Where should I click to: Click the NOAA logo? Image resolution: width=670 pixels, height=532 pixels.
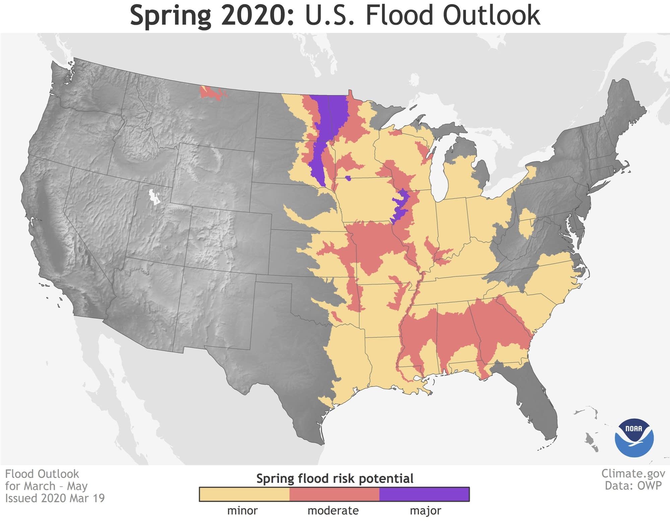(634, 437)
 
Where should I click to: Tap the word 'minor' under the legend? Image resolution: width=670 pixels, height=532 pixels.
(242, 511)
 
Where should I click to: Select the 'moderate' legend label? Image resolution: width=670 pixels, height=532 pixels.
(333, 511)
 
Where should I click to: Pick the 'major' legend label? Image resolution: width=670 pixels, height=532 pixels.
(425, 511)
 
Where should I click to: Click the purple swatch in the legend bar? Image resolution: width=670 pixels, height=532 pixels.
(424, 494)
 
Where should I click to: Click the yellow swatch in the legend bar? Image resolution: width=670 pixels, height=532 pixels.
(244, 494)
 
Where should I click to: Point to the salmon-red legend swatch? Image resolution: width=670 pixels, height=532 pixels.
(334, 494)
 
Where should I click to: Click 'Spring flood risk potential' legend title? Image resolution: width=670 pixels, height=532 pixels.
(335, 478)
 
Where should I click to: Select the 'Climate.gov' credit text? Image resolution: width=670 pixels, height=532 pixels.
(633, 473)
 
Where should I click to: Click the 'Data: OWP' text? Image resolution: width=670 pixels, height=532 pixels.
(633, 485)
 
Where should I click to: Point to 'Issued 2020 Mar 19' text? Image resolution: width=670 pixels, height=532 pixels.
(55, 498)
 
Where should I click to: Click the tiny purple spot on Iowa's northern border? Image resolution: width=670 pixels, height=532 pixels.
(348, 178)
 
